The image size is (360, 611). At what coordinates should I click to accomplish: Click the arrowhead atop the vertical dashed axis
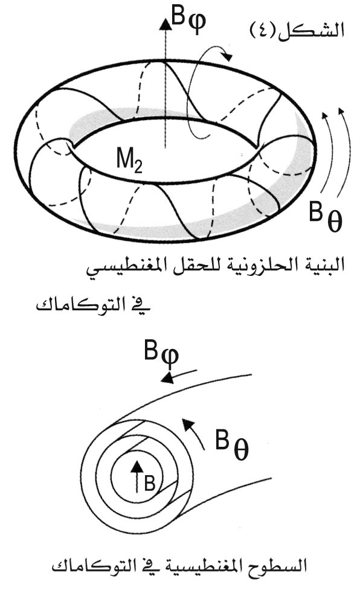(x=166, y=24)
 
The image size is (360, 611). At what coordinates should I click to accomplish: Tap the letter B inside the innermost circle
(x=150, y=484)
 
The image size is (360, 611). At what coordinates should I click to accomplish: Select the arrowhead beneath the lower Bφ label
(x=167, y=377)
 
